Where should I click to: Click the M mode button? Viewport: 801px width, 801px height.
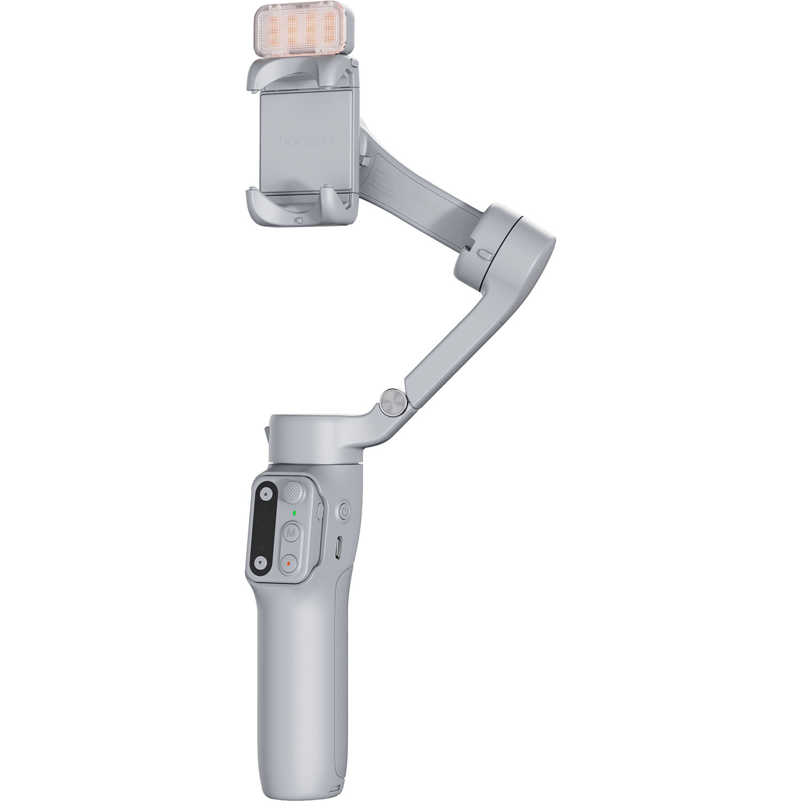click(x=291, y=533)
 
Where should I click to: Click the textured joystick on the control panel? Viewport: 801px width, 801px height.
click(x=292, y=492)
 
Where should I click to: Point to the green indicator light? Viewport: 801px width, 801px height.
click(x=293, y=514)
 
